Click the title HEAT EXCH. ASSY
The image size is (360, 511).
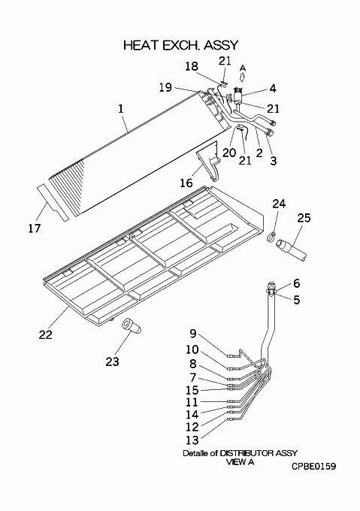tap(181, 45)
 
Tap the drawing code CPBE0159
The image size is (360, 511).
tap(313, 467)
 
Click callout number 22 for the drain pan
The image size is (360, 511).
tap(46, 334)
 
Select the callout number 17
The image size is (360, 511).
tap(35, 228)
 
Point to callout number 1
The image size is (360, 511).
tap(121, 109)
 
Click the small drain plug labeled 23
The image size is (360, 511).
tap(131, 326)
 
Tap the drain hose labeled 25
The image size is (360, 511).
tap(291, 249)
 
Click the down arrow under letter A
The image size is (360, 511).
tap(243, 77)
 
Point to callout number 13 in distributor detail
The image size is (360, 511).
tap(192, 440)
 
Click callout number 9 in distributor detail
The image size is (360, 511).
tap(193, 334)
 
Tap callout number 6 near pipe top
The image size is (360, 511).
tap(296, 283)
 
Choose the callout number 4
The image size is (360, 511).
tap(273, 89)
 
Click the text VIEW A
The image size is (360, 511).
tap(240, 462)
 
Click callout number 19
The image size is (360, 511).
tap(165, 87)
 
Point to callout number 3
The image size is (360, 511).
tap(274, 160)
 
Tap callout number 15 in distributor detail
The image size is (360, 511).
tap(192, 390)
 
